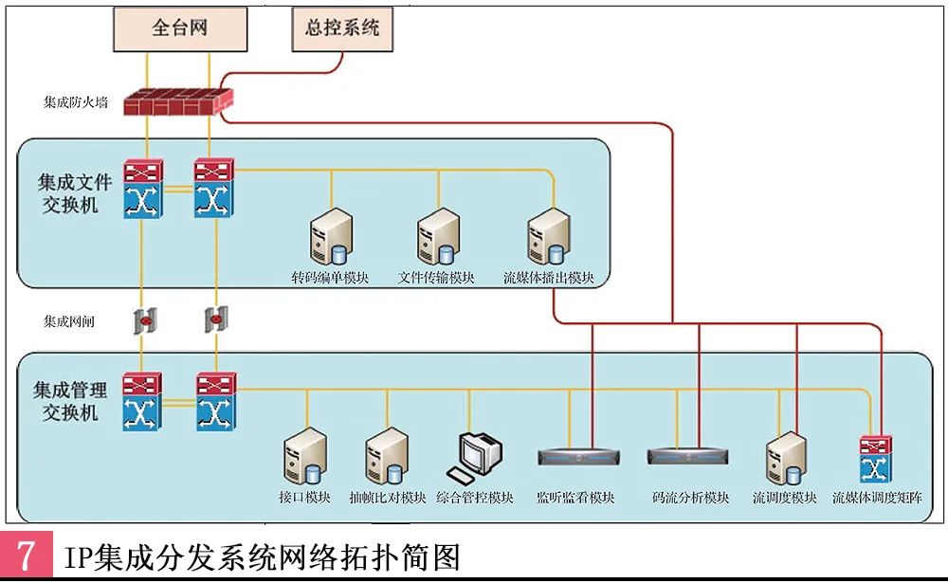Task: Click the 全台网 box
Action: point(179,27)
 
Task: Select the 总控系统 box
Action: point(342,27)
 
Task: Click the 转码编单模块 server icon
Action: point(331,238)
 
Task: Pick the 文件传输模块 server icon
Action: point(438,238)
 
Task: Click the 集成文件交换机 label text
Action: point(76,191)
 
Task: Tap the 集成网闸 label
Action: point(69,321)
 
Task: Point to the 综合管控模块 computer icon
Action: point(476,457)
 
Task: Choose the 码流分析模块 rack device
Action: point(689,456)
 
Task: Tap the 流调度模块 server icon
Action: point(785,459)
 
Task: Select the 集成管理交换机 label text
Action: point(71,400)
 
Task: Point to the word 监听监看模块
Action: point(575,498)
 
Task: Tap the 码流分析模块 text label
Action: point(691,498)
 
